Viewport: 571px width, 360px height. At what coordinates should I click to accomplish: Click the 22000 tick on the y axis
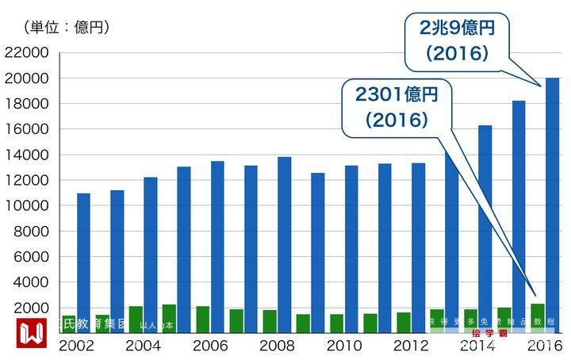point(27,53)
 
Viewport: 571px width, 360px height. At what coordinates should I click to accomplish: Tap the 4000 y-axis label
point(31,282)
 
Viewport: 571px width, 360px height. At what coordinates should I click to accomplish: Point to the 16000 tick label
point(27,129)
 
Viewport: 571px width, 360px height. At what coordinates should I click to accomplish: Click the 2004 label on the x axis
point(144,347)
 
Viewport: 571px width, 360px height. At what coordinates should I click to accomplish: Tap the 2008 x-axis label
point(277,347)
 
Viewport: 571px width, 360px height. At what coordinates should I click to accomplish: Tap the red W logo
point(32,334)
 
